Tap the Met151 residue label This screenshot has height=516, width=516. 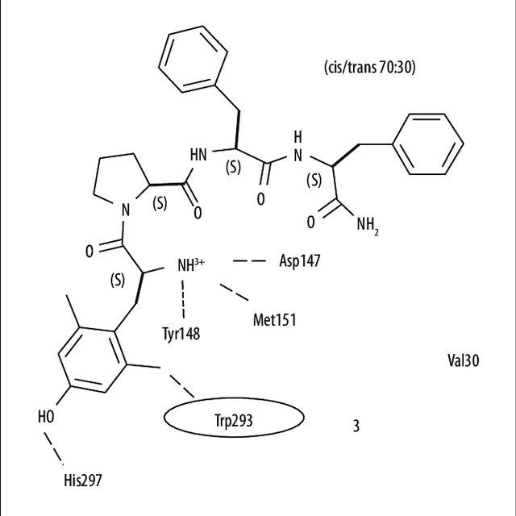tap(274, 320)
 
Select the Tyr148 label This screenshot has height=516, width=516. tap(182, 333)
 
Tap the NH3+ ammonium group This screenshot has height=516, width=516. tap(190, 263)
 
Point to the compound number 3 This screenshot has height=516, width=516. tap(356, 426)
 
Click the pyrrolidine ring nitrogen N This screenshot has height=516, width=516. tap(125, 211)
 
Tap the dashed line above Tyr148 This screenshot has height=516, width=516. tap(184, 298)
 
